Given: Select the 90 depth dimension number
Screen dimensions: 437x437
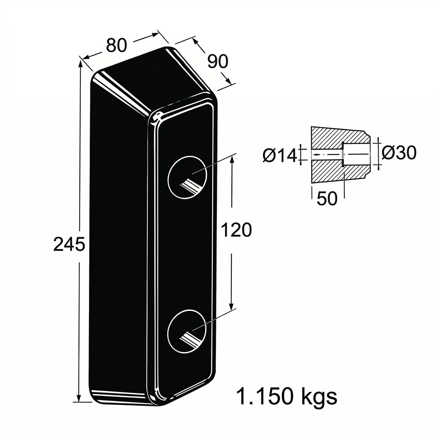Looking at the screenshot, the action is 217,61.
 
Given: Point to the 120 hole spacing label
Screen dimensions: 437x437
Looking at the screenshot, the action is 236,230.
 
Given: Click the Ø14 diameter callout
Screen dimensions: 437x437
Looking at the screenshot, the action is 280,156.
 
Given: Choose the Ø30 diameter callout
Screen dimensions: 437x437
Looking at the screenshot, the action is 399,152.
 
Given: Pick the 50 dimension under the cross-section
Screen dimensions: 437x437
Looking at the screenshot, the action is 327,198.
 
